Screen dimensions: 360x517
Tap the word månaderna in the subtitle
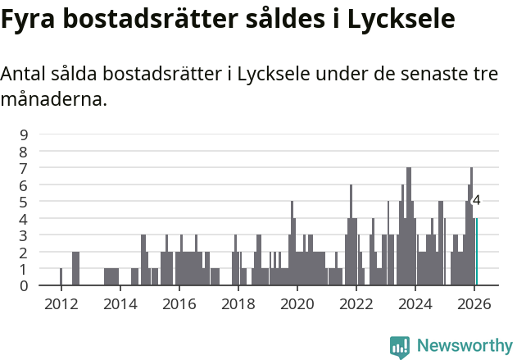pos(53,101)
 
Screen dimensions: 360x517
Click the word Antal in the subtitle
pos(25,74)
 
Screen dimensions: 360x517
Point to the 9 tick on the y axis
pos(24,134)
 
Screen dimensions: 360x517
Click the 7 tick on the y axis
pos(24,168)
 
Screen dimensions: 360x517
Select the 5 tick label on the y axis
pos(24,202)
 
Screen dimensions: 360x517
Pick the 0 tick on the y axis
pos(24,285)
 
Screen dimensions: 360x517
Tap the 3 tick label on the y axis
pos(24,235)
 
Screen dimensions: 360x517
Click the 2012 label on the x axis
pos(61,303)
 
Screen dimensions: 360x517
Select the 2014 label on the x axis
pos(120,303)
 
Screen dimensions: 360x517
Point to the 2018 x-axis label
pos(238,303)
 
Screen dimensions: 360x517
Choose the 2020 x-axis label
pos(297,303)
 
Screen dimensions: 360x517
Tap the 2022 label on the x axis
pos(356,303)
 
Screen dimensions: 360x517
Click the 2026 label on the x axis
pos(474,303)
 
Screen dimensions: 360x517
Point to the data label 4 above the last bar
pos(476,200)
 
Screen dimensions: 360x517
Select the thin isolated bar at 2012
pos(61,277)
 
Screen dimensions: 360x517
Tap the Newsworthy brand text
pos(464,346)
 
